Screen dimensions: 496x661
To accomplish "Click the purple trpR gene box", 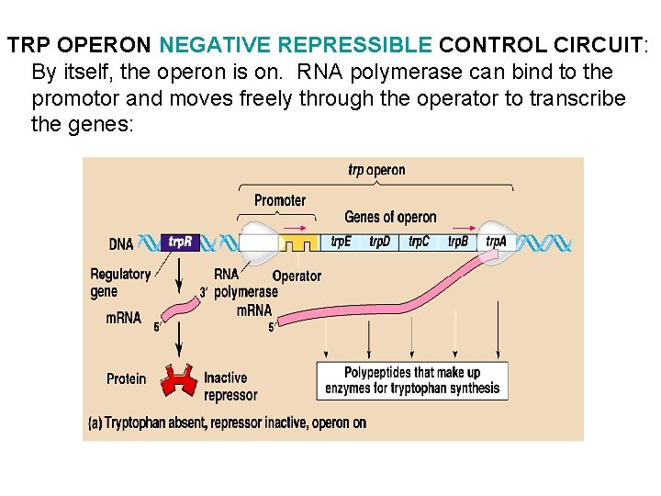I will (x=179, y=242).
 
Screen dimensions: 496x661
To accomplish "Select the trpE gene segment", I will (x=342, y=242).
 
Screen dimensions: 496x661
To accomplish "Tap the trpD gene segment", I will (x=380, y=242).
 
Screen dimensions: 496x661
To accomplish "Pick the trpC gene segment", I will (x=419, y=242).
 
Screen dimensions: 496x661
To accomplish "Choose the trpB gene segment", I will (x=457, y=242).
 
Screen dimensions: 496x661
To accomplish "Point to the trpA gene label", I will (x=496, y=242).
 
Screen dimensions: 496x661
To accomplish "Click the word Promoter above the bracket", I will (x=280, y=200).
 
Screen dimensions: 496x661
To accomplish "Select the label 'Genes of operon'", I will (x=390, y=218).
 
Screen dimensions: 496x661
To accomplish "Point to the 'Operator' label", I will (x=297, y=276).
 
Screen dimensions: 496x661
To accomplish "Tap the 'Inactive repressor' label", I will (x=230, y=386).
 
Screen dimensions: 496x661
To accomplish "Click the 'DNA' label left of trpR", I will (x=121, y=244).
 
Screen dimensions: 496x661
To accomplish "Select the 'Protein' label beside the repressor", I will (x=126, y=378).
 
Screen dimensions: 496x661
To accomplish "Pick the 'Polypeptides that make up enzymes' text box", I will (x=412, y=379).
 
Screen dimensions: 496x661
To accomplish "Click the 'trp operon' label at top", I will (x=376, y=170).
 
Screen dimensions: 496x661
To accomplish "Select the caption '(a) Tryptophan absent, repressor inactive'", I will (x=227, y=423).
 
